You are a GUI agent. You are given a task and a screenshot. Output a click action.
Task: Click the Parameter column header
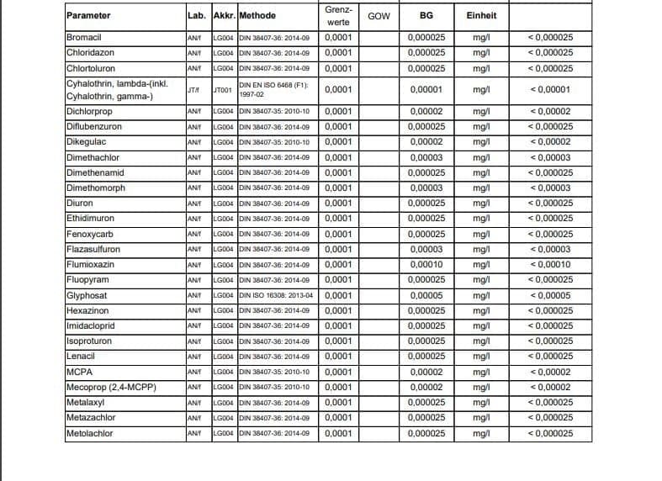88,16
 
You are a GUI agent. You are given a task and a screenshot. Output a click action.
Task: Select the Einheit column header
481,16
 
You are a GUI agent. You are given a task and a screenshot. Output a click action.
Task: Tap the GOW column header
379,16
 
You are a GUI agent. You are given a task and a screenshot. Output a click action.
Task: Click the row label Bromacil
84,38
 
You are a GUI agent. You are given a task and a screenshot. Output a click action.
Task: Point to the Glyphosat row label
87,296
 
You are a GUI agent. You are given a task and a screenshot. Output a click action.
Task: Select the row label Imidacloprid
91,326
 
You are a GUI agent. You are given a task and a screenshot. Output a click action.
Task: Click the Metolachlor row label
90,434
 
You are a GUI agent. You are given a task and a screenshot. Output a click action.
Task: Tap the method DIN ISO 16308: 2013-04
277,296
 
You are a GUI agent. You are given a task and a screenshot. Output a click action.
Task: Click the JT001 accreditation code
224,90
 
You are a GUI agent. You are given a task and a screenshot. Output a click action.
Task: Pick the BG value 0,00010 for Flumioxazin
426,265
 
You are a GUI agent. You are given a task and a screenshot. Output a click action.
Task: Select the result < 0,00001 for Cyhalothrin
549,90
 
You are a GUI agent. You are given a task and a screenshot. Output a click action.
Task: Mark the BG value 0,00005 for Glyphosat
426,296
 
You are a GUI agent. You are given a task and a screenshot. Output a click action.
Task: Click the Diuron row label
80,203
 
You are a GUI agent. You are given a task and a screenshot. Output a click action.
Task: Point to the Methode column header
257,16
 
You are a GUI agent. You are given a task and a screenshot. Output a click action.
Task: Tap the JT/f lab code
193,90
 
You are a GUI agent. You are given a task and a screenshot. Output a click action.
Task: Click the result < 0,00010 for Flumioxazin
549,265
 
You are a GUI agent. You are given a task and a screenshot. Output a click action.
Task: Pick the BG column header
426,16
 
